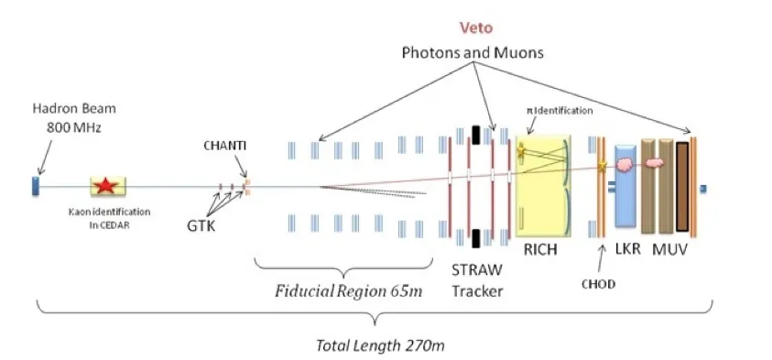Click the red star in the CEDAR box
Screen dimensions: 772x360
pyautogui.click(x=106, y=186)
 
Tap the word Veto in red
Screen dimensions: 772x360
pyautogui.click(x=476, y=27)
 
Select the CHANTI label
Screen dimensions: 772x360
pyautogui.click(x=224, y=147)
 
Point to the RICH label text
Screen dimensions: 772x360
pyautogui.click(x=540, y=249)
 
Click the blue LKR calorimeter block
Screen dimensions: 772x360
pyautogui.click(x=625, y=186)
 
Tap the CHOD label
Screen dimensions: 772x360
pyautogui.click(x=598, y=284)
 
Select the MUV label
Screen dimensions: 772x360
pyautogui.click(x=669, y=249)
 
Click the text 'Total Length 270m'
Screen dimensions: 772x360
pyautogui.click(x=380, y=345)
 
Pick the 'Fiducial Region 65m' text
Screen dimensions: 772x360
pyautogui.click(x=349, y=291)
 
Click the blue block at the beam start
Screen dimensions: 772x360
pyautogui.click(x=36, y=186)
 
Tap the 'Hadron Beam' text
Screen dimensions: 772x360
pyautogui.click(x=74, y=108)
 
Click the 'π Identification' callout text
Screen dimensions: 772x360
pyautogui.click(x=560, y=111)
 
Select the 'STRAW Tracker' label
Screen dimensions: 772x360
pyautogui.click(x=477, y=280)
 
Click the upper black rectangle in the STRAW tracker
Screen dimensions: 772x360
pyautogui.click(x=475, y=135)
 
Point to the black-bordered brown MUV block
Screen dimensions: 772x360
pyautogui.click(x=682, y=187)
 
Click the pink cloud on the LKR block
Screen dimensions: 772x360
pyautogui.click(x=625, y=165)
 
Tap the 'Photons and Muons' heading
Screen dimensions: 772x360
pyautogui.click(x=473, y=53)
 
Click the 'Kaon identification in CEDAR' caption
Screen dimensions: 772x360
pyautogui.click(x=109, y=217)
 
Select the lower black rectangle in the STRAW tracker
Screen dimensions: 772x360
pyautogui.click(x=475, y=238)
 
